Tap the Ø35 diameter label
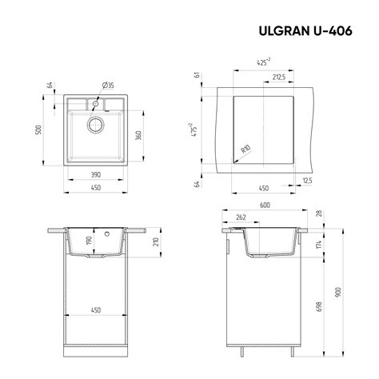click(x=108, y=84)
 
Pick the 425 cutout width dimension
click(x=261, y=62)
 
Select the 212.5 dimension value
click(x=280, y=78)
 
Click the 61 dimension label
click(x=196, y=77)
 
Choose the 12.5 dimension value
click(x=307, y=182)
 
